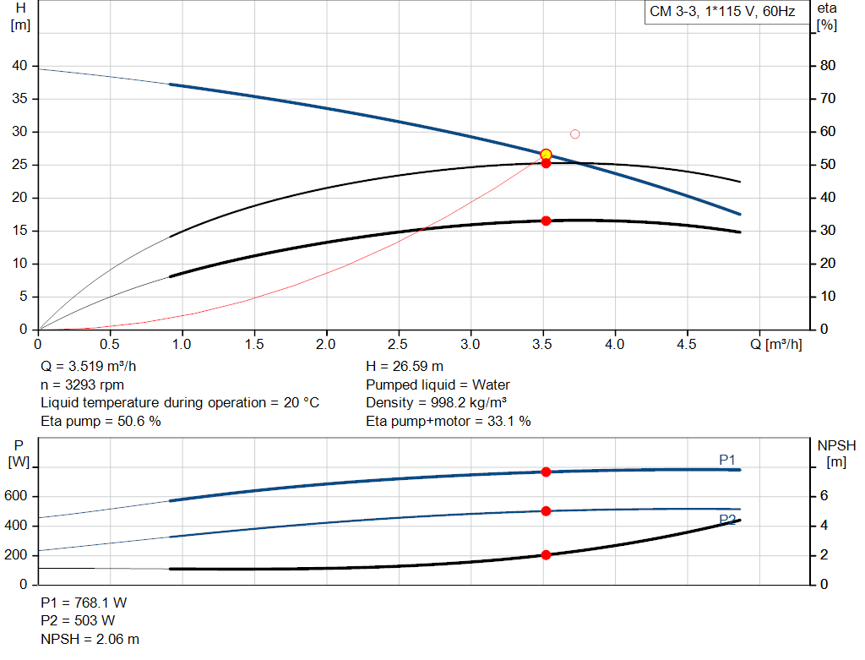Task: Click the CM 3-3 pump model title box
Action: coord(722,12)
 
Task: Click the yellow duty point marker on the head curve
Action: coord(546,155)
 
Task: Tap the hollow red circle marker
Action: coord(575,134)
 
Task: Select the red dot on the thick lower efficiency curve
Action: coord(546,221)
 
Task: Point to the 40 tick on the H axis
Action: coord(19,66)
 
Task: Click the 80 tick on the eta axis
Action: coord(828,66)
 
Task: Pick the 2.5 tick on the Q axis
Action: coord(398,344)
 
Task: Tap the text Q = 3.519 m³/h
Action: coord(88,367)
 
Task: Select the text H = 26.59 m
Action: coord(405,367)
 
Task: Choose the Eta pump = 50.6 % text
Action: coord(101,421)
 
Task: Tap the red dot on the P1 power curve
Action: coord(546,472)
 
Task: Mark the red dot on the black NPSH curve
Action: coord(546,555)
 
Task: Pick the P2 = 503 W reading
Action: coord(78,620)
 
